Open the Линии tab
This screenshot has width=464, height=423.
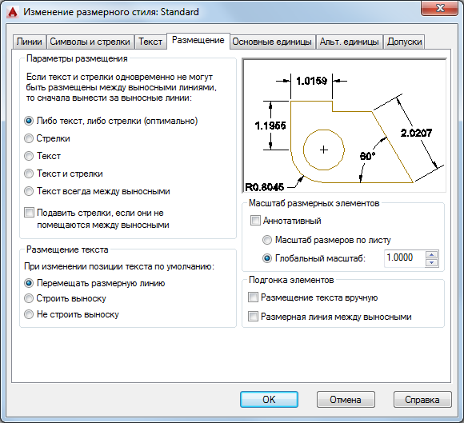coord(30,42)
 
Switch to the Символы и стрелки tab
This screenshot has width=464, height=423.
coord(90,42)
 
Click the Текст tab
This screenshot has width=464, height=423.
coord(150,42)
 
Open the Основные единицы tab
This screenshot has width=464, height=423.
coord(272,42)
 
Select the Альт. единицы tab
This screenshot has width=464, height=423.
coord(349,42)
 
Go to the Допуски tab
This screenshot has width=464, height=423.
coord(404,42)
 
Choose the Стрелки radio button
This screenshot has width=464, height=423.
coord(29,138)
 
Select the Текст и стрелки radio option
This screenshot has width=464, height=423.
coord(29,174)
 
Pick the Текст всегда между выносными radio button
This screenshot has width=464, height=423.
coord(29,191)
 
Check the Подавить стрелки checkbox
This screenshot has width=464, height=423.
coord(29,213)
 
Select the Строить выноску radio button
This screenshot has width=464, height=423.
coord(29,298)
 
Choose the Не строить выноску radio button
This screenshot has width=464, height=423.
coord(29,314)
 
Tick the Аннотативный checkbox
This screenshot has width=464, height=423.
coord(255,221)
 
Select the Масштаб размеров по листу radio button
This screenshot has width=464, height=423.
coord(267,240)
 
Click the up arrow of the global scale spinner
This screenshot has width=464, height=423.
coord(431,255)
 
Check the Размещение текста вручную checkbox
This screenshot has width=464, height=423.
coord(253,297)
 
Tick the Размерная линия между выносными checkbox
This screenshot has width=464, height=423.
coord(253,317)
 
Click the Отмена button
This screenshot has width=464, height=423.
coord(346,400)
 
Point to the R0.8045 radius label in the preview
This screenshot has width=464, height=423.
coord(265,187)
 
